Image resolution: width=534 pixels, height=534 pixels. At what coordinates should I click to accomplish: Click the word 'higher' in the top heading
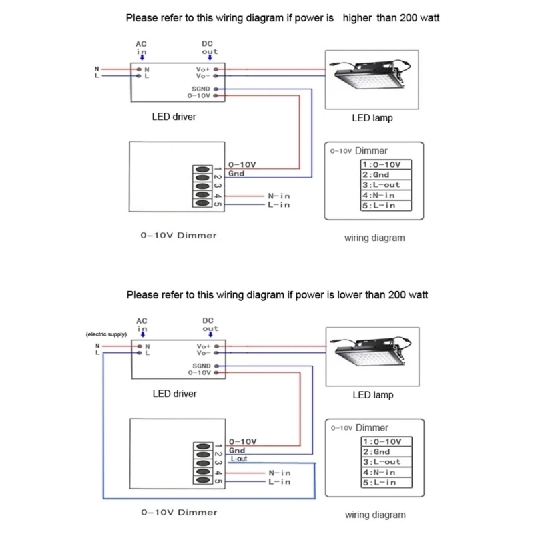tap(357, 18)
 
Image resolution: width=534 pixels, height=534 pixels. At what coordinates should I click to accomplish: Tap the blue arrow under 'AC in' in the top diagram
tap(142, 57)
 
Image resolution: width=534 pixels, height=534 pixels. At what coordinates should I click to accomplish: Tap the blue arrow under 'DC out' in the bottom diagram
tap(210, 334)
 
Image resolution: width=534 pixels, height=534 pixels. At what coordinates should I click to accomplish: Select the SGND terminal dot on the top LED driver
tap(216, 89)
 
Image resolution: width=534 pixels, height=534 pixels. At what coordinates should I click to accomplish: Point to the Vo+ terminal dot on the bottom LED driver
tap(216, 346)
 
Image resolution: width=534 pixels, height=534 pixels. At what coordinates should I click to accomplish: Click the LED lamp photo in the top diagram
tap(372, 80)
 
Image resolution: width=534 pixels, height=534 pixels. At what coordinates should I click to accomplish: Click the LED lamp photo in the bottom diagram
tap(372, 357)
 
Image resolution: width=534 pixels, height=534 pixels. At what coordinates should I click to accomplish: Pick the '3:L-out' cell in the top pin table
tap(386, 185)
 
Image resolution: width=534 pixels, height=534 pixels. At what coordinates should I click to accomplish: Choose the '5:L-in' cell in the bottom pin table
tap(386, 483)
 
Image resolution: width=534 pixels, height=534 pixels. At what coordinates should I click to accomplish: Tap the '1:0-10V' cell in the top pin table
tap(386, 164)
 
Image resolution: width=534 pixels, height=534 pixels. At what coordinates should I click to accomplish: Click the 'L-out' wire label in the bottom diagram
tap(239, 459)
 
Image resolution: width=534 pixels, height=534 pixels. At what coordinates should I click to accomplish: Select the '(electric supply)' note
tap(106, 334)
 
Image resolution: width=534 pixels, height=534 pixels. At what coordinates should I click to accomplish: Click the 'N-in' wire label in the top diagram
tap(279, 196)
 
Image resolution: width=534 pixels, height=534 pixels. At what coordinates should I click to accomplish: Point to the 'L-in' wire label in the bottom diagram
tap(280, 481)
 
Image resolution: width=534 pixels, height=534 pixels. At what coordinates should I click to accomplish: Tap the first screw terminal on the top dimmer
tap(203, 170)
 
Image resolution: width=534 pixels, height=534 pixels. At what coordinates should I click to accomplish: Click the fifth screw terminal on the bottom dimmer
tap(204, 480)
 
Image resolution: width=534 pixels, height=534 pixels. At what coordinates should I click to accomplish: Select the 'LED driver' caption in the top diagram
tap(174, 117)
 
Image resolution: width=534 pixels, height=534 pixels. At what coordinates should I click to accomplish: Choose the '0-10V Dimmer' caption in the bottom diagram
tap(179, 512)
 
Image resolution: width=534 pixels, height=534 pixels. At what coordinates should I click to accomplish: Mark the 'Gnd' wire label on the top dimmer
tap(236, 174)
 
